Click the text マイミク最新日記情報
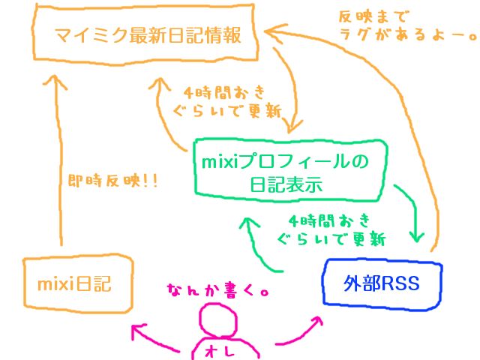[148, 35]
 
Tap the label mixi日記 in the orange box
[74, 283]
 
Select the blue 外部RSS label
[381, 283]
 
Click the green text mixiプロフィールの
[285, 161]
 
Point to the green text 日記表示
[286, 184]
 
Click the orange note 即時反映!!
[112, 181]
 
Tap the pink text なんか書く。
[218, 290]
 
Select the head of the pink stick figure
[218, 320]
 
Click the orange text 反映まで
[373, 16]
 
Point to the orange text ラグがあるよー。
[408, 34]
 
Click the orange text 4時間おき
[224, 93]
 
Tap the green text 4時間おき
[329, 221]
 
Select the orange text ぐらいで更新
[227, 111]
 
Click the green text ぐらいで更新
[331, 238]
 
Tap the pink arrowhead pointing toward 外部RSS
[316, 322]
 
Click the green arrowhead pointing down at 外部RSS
[416, 237]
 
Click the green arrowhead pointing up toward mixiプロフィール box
[248, 222]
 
